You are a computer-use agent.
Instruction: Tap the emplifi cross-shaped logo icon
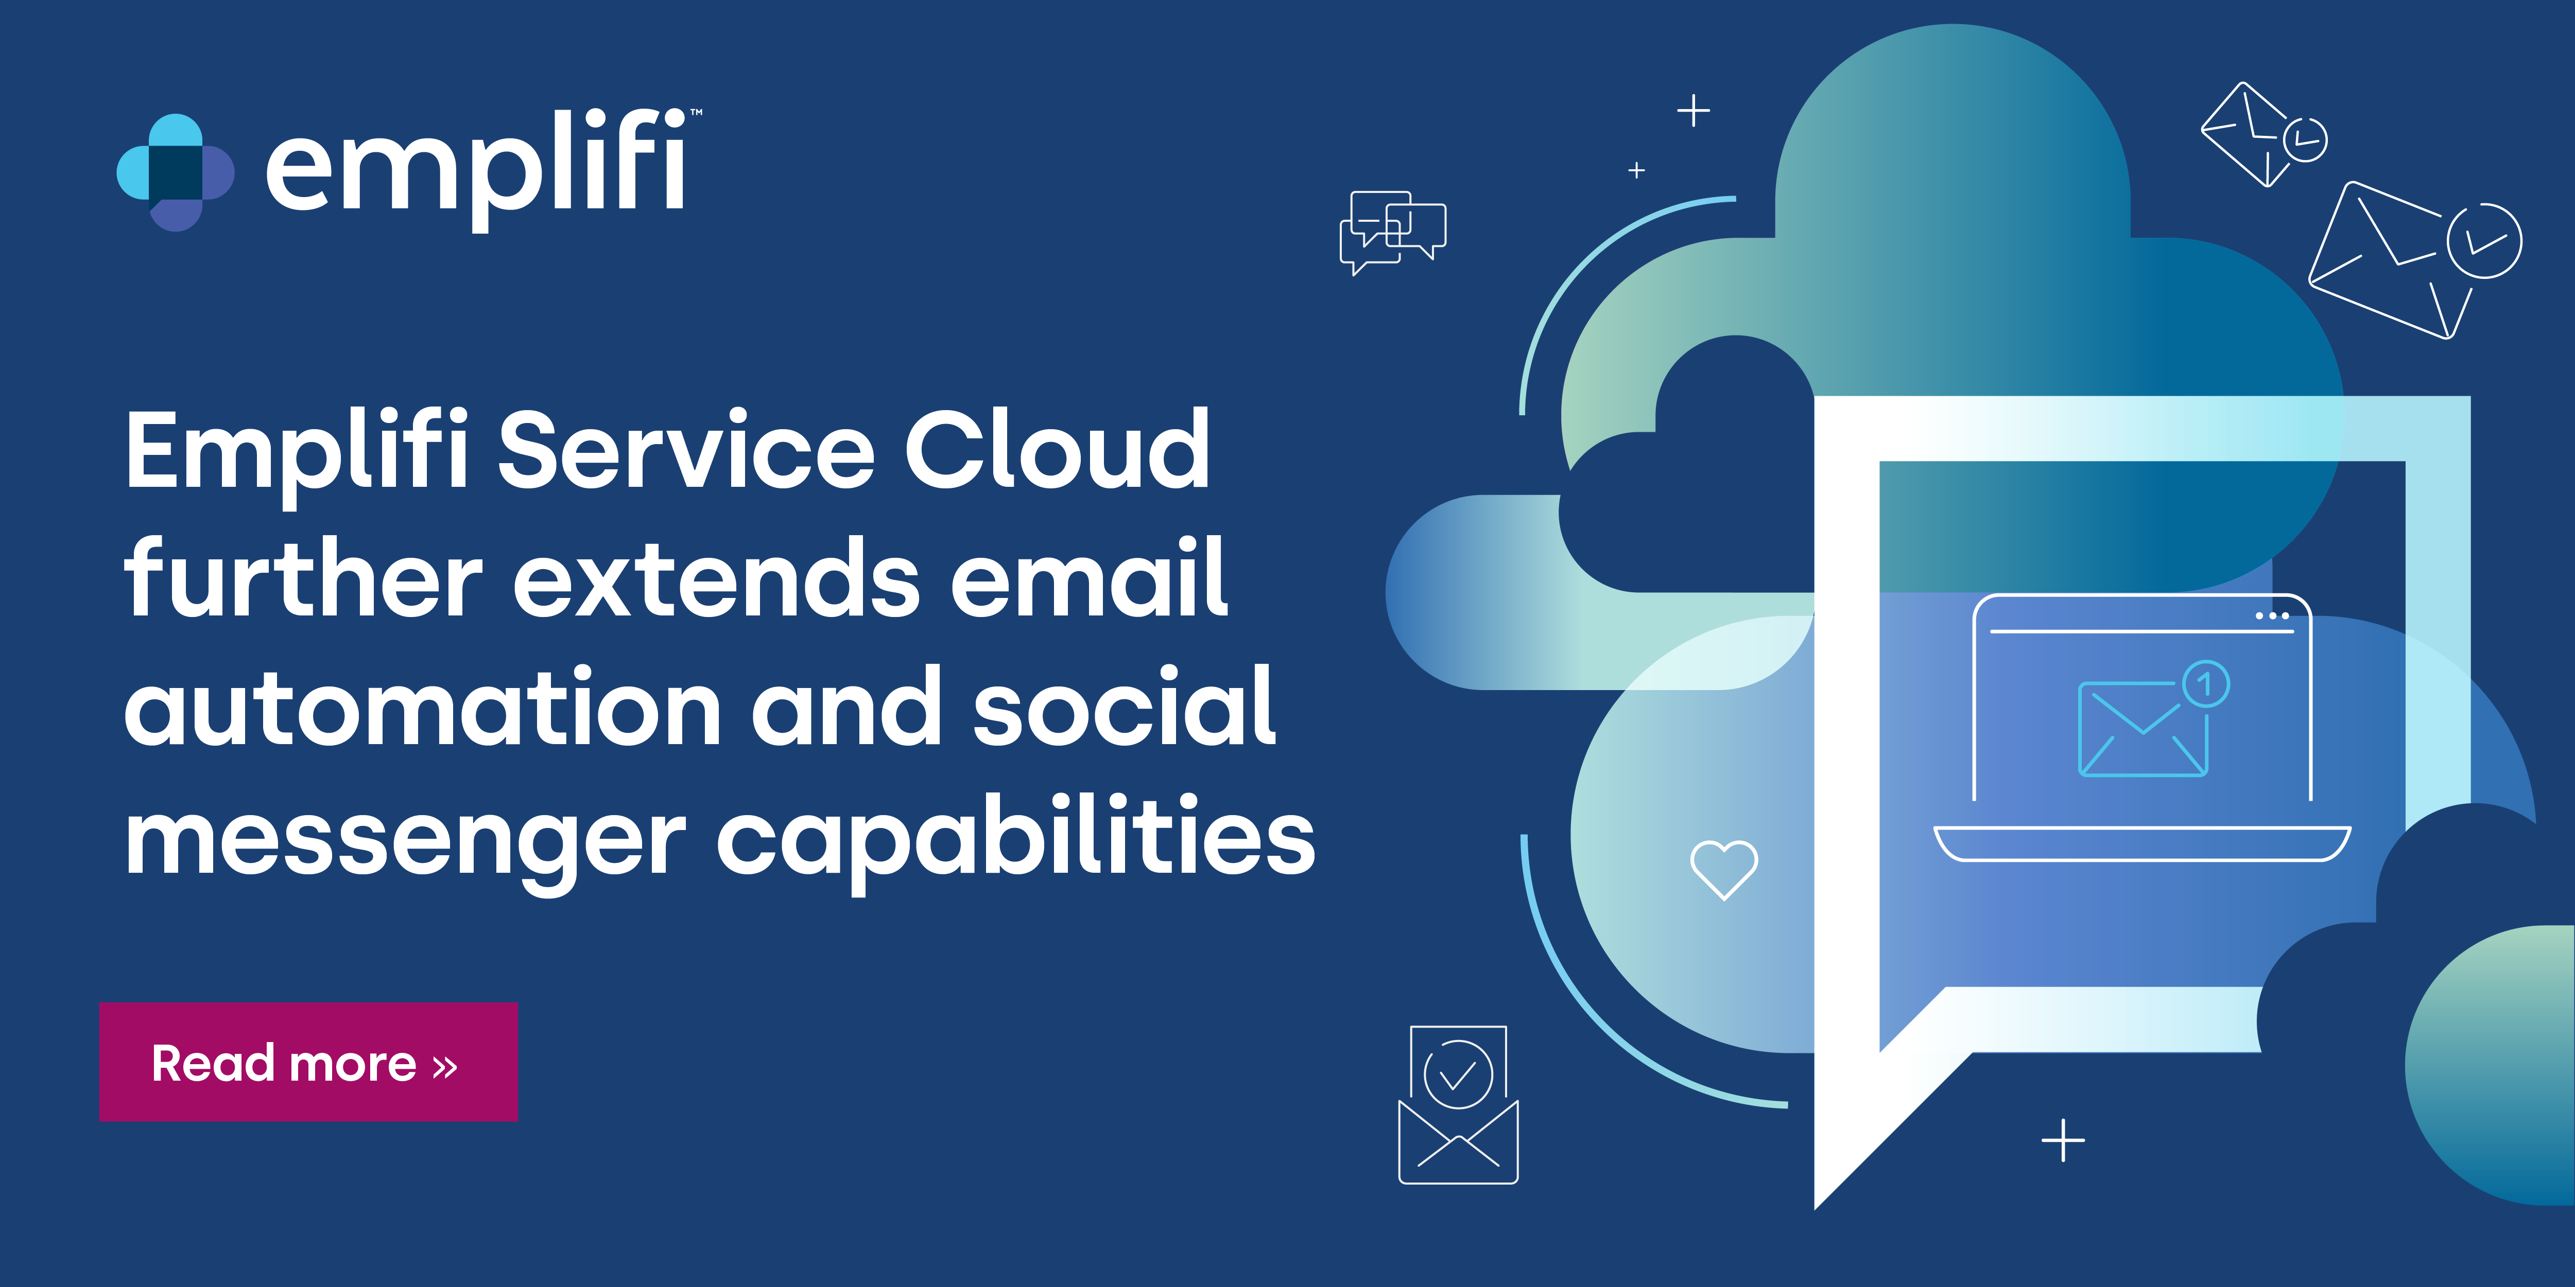[176, 172]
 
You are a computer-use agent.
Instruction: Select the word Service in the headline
[686, 452]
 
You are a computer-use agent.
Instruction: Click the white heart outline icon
[1723, 867]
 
